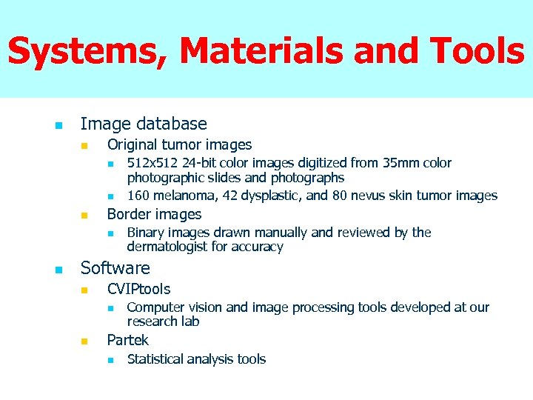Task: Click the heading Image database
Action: coord(143,124)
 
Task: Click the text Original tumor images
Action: coord(179,145)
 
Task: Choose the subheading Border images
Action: coord(154,215)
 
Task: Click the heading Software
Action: coord(115,268)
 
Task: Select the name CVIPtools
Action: coord(138,289)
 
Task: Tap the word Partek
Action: coord(127,340)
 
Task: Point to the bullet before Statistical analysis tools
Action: coord(110,359)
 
